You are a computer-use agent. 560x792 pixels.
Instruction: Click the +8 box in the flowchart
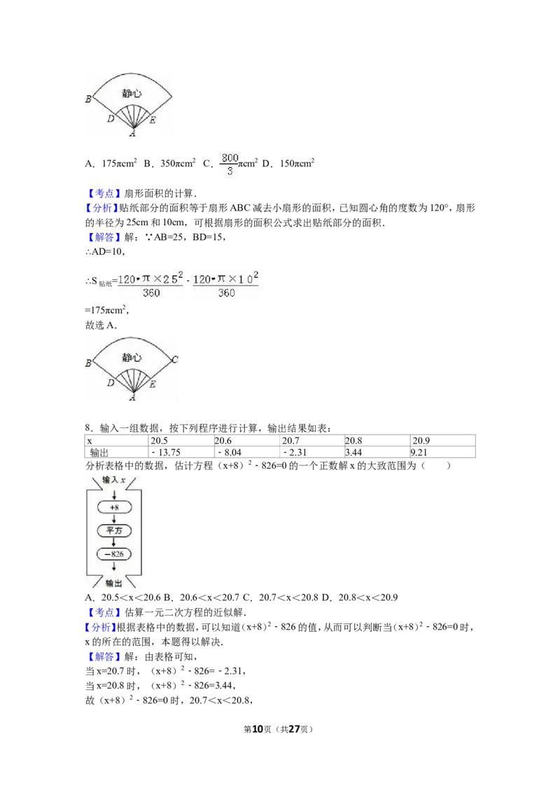[x=114, y=507]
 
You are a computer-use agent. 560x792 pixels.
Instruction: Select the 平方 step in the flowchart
[x=114, y=530]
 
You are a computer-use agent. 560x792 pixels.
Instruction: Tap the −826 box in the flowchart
[x=114, y=555]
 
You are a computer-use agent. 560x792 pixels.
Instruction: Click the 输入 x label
[x=114, y=479]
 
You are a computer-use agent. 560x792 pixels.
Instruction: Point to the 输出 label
[x=114, y=583]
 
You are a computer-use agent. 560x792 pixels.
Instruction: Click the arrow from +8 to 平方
[x=114, y=518]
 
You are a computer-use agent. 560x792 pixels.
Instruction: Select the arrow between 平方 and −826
[x=114, y=542]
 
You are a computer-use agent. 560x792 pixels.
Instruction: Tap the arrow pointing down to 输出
[x=114, y=568]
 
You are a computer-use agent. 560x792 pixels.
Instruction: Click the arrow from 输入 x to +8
[x=114, y=493]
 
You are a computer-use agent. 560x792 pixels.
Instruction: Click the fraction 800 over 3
[x=230, y=164]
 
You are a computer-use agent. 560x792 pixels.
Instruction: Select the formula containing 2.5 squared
[x=150, y=286]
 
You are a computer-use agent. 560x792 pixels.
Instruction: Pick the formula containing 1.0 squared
[x=226, y=286]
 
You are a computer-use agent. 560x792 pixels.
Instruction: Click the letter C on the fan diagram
[x=174, y=360]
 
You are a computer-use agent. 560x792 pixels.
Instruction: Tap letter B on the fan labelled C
[x=88, y=364]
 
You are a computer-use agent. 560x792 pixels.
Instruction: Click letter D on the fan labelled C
[x=111, y=383]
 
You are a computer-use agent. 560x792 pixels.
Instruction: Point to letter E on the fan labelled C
[x=153, y=384]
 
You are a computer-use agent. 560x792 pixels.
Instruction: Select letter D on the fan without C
[x=111, y=120]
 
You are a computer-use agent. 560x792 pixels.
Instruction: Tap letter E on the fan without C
[x=153, y=120]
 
